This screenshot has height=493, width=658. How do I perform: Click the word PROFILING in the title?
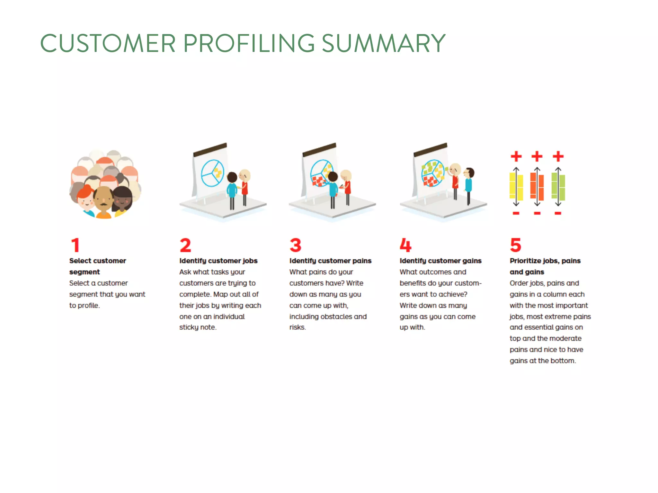click(x=249, y=43)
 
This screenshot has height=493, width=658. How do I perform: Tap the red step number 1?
click(x=75, y=245)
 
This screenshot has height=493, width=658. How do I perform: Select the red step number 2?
click(x=185, y=245)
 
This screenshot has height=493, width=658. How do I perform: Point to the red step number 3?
click(x=295, y=245)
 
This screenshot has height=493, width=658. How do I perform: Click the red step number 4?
click(x=405, y=245)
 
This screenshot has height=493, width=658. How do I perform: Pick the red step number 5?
click(x=515, y=245)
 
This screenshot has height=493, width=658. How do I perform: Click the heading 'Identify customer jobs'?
click(x=218, y=261)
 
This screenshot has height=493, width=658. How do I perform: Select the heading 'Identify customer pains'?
click(x=330, y=261)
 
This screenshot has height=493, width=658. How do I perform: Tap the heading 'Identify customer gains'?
click(x=440, y=261)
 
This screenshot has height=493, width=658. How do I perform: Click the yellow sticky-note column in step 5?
click(x=516, y=186)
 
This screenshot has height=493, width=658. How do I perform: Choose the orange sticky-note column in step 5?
click(x=537, y=186)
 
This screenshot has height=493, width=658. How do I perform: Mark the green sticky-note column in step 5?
click(x=558, y=186)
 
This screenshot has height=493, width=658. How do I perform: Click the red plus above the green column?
click(x=558, y=157)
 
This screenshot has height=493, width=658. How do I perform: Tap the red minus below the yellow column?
click(x=516, y=213)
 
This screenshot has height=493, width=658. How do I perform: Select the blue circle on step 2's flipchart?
click(x=212, y=173)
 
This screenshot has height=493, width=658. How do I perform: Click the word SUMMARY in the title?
click(x=383, y=43)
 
